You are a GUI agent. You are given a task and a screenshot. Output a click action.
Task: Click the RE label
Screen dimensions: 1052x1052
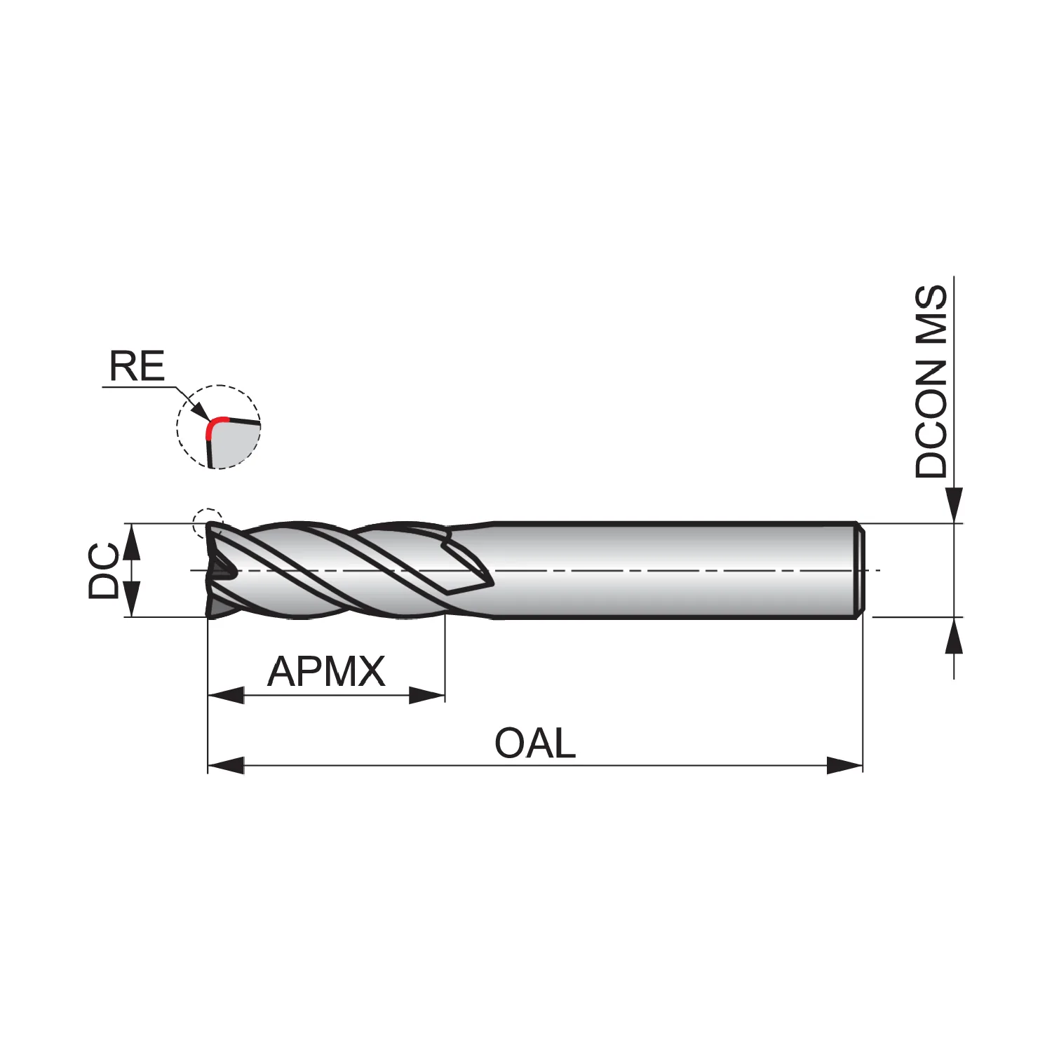point(137,366)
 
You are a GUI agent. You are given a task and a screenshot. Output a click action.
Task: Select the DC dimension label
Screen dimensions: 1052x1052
point(104,571)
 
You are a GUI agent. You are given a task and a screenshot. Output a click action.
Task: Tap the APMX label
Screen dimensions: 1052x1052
point(326,672)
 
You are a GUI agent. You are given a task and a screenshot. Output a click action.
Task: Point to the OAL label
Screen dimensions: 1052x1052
point(535,743)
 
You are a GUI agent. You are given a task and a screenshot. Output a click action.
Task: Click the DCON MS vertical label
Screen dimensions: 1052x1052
point(931,382)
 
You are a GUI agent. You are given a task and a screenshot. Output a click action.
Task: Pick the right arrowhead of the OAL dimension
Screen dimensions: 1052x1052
point(844,765)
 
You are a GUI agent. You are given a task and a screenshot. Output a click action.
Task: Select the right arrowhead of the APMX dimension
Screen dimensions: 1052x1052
point(427,696)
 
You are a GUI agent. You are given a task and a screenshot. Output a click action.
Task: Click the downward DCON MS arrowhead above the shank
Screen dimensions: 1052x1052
point(954,506)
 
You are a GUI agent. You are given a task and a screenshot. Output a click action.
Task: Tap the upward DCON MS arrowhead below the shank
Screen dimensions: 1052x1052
point(954,635)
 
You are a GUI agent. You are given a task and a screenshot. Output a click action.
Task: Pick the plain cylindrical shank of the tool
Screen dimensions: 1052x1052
point(673,571)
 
